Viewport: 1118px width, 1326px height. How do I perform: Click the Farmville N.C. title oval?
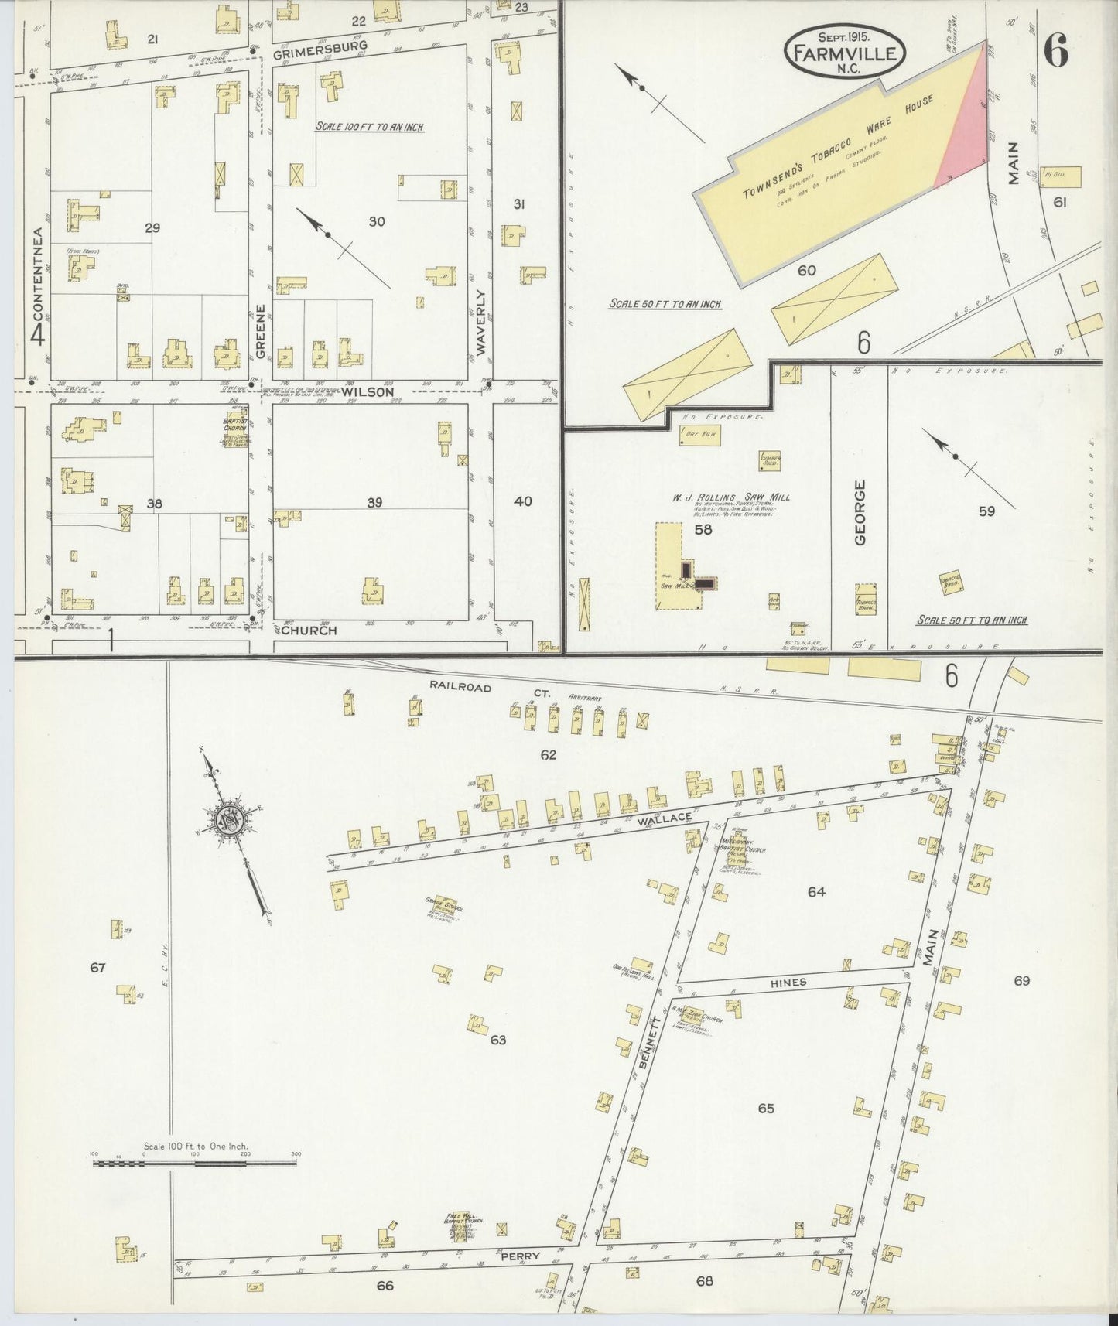[845, 53]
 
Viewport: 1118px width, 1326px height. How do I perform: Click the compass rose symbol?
[230, 820]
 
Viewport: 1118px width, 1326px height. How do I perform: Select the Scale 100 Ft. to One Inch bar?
[195, 1163]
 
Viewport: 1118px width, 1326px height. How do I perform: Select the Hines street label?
[788, 982]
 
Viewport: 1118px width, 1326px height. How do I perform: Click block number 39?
[374, 503]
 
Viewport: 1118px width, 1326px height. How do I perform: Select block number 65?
[765, 1109]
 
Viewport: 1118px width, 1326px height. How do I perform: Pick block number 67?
[97, 967]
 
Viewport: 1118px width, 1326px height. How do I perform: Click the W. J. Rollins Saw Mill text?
[730, 497]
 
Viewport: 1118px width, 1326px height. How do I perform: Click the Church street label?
[309, 630]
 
